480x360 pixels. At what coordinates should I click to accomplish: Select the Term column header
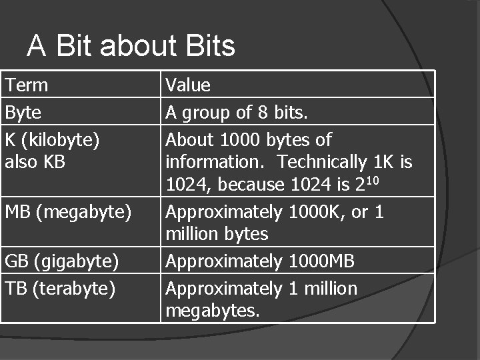coord(27,85)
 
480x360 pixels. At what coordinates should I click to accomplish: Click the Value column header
coord(188,85)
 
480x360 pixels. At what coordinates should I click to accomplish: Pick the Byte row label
coord(23,113)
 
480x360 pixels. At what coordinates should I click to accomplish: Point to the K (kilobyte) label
coord(53,140)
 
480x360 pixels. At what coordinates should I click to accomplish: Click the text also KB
coord(35,162)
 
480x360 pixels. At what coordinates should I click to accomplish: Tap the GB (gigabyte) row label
coord(62,261)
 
